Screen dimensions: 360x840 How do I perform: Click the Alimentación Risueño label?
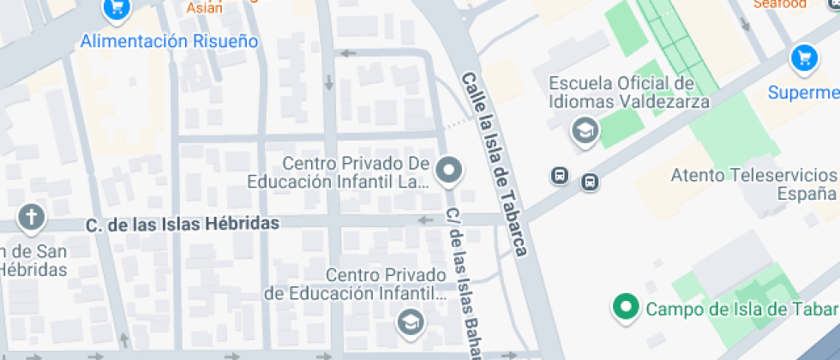click(x=169, y=41)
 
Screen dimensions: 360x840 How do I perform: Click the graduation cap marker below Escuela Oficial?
click(x=586, y=131)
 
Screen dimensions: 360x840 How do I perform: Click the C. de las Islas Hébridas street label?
click(x=183, y=225)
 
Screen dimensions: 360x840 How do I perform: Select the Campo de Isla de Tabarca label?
click(x=742, y=309)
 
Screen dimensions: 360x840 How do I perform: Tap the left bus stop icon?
click(x=559, y=176)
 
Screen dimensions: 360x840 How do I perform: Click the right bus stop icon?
click(x=590, y=182)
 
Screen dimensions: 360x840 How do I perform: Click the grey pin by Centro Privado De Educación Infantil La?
click(x=448, y=171)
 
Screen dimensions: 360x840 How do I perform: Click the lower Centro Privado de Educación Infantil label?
click(x=356, y=285)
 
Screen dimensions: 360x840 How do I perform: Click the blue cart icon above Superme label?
click(x=803, y=58)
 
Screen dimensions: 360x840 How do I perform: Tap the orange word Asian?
click(x=205, y=9)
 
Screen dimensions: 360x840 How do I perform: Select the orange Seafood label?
click(x=780, y=4)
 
